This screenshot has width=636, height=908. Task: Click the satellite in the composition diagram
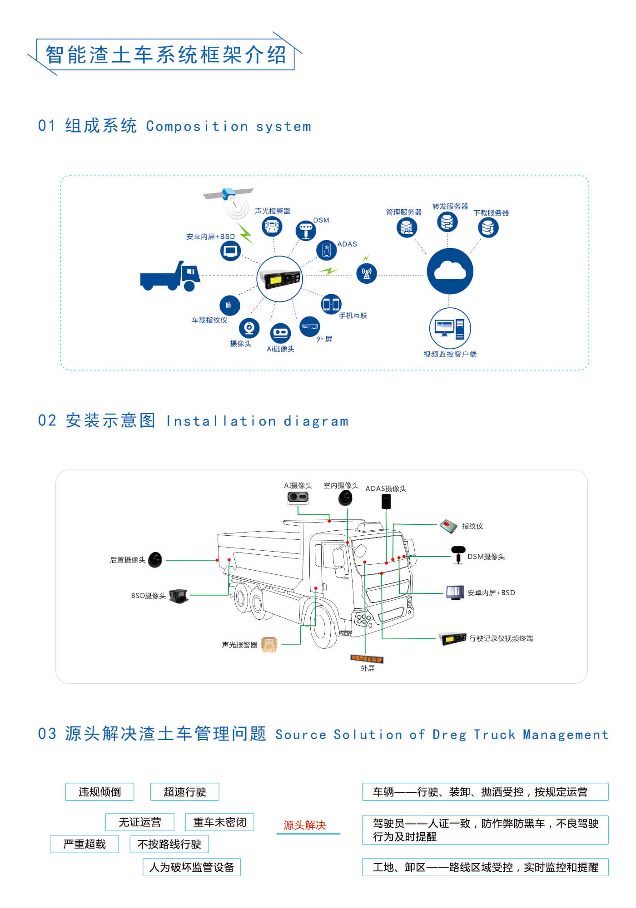[x=229, y=194]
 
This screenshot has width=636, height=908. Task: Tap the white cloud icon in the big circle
[x=450, y=271]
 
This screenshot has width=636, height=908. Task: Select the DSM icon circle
[x=306, y=231]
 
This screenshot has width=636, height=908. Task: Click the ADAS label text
[x=347, y=244]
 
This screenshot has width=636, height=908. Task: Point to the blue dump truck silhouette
[x=170, y=276]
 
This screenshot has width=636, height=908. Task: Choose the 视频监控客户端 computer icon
[x=450, y=328]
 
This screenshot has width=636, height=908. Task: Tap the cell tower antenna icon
[x=367, y=273]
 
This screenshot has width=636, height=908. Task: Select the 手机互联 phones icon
[x=331, y=304]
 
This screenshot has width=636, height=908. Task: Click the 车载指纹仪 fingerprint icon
[x=229, y=305]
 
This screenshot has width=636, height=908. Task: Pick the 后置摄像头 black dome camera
[x=155, y=560]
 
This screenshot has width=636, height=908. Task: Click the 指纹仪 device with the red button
[x=448, y=526]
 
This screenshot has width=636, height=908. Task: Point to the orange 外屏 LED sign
[x=367, y=659]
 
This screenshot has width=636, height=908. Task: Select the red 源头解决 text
[x=305, y=825]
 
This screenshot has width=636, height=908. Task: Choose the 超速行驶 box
[x=185, y=792]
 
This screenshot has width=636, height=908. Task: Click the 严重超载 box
[x=84, y=844]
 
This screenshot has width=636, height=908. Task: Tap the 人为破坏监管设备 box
[x=192, y=868]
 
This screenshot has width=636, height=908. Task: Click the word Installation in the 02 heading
[x=221, y=422]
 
